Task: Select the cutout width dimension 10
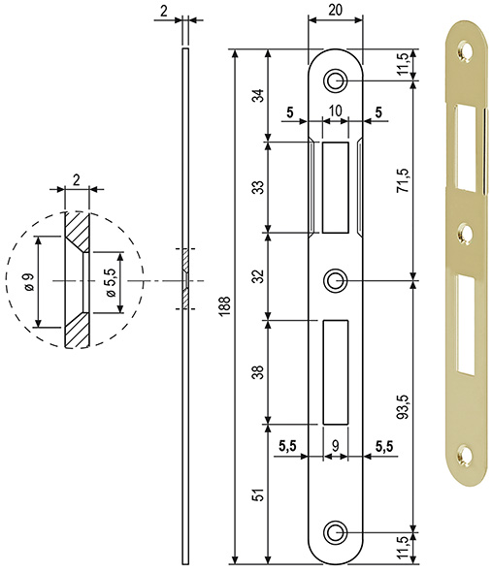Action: tap(335, 111)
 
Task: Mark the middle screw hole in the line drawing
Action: tap(335, 281)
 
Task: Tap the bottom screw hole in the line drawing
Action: tap(335, 531)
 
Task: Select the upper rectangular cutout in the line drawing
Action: tap(335, 187)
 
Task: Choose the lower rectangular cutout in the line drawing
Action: tap(335, 370)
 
